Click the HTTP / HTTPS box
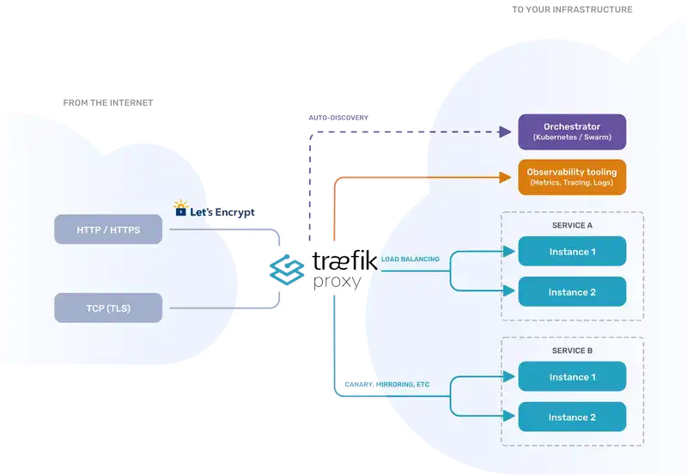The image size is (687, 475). coord(108,229)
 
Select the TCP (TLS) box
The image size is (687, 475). coord(108,308)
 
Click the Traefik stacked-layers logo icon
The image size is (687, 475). coord(287,268)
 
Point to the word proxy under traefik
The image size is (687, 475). coord(337,282)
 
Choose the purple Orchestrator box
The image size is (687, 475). coord(572,131)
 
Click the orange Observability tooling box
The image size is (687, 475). coord(572,177)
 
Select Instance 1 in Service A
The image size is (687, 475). coord(572,252)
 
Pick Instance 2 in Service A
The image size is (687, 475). coord(572,292)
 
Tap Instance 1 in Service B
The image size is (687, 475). coord(572,377)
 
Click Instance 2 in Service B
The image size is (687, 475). coord(572,417)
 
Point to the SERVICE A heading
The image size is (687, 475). coord(572,225)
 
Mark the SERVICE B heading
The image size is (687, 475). coord(572,350)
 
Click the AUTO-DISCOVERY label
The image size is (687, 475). coord(338,118)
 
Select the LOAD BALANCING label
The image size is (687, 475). coord(410,259)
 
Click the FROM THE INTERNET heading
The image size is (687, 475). coord(108,103)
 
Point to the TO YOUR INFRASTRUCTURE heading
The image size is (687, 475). coord(572,10)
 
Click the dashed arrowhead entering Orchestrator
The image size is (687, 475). coord(505,131)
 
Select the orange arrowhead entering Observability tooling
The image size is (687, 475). coord(505,177)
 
